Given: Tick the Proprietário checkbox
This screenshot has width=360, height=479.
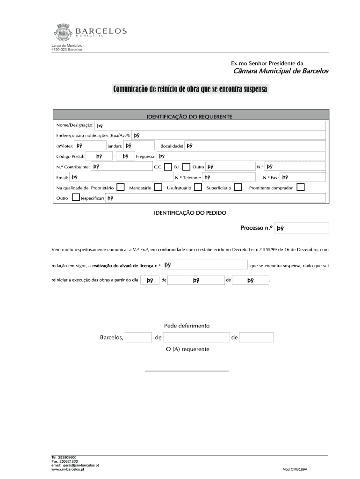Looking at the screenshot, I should pos(121,187).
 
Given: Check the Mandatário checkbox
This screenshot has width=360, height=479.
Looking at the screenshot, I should pos(158,187).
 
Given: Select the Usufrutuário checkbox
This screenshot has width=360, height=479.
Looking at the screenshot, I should pos(198,187).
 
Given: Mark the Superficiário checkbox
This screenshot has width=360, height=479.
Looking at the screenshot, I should pos(238,187).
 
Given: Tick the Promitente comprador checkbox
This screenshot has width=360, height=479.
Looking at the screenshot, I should pos(301,187).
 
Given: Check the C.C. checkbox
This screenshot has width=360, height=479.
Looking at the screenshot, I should pos(168,167).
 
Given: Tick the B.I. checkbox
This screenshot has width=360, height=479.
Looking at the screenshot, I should pos(186,167).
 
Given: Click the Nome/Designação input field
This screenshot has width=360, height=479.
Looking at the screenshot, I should pos(210,125).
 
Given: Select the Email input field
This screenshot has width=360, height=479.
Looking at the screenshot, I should pos(121,177).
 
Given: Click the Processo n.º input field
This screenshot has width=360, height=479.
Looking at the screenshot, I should pos(302,228).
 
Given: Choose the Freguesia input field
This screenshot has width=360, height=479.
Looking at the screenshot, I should pos(241,156).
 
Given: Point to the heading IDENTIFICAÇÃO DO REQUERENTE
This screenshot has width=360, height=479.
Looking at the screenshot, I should pos(189,116).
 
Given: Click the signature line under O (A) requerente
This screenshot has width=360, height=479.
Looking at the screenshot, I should pos(187,370).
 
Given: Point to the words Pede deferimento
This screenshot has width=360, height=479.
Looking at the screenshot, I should pos(187,326).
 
